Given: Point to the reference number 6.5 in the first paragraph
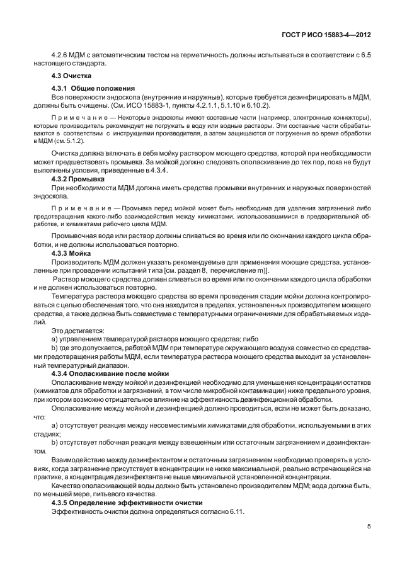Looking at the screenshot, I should click(365, 55).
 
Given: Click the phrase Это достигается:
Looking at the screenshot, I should click(78, 330).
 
